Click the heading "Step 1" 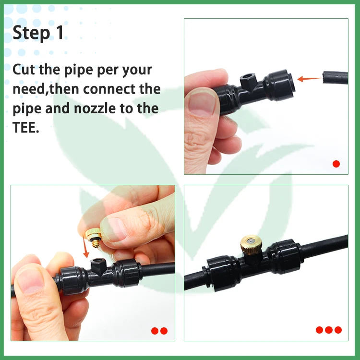coord(38,33)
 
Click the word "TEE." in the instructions coord(26,127)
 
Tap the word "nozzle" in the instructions coord(95,108)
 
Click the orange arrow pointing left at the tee coord(309,79)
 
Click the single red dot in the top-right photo coord(336,164)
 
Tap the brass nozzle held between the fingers coord(94,238)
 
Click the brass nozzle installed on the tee coord(251,244)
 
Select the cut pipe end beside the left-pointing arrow coord(335,78)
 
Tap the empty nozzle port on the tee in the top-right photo coord(249,81)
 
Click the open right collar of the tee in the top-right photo coord(279,85)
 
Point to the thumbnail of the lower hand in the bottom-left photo coord(30,281)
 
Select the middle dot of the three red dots coord(329,330)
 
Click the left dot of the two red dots coord(155,331)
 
